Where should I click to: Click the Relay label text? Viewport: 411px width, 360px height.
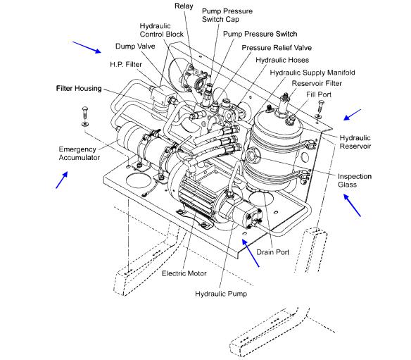point(184,6)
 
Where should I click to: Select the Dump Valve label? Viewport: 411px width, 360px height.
point(135,46)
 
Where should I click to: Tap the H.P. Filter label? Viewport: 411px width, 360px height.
point(126,64)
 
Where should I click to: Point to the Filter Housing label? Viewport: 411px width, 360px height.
point(79,88)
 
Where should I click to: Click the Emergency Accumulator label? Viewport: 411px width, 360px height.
point(79,154)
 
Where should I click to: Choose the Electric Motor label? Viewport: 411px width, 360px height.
point(184,273)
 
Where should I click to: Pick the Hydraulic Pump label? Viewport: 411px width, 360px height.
point(221,294)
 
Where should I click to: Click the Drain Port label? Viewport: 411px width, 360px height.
point(272,252)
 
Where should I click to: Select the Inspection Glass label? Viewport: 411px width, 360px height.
point(355,180)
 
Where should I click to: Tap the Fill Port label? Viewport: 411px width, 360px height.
point(319,94)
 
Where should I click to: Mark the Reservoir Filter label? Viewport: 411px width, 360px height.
point(317,83)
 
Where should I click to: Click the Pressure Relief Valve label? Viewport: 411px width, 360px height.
point(277,48)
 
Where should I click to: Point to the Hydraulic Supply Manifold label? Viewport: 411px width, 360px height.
point(312,73)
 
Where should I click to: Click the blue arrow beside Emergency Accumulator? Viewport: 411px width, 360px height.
point(62,180)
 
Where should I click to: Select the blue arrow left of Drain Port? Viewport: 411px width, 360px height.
point(251,253)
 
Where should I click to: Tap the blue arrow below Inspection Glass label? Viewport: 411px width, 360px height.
point(353,205)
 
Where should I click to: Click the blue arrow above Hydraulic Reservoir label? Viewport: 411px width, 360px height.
point(353,115)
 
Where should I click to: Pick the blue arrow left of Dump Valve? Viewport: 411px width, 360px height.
point(87,47)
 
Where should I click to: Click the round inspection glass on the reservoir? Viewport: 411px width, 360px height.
point(253,155)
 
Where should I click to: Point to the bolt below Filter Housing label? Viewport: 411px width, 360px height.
point(85,116)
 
